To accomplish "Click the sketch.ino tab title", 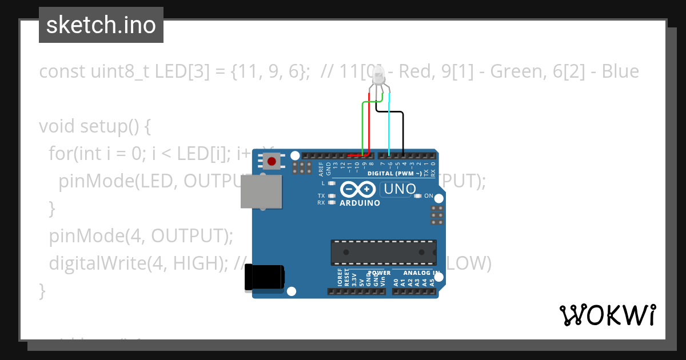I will pos(101,25).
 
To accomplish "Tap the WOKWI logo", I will pos(607,315).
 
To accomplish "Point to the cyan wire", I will pos(389,126).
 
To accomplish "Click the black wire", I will pos(404,131).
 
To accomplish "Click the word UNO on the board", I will pos(400,189).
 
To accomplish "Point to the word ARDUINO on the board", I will pos(360,203).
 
